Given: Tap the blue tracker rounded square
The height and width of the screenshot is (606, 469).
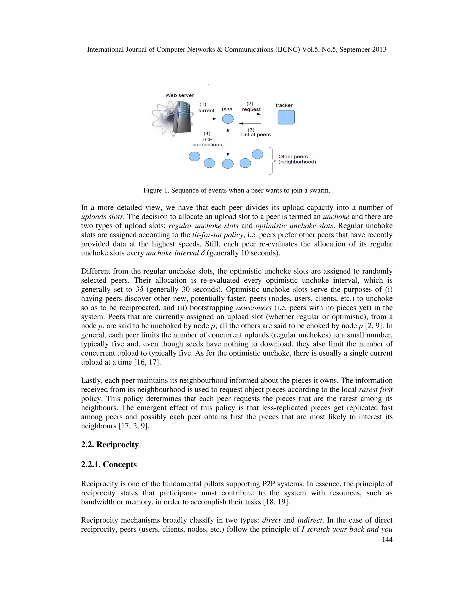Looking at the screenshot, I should [286, 117].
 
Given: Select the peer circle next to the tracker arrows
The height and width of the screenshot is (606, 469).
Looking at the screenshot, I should [228, 119].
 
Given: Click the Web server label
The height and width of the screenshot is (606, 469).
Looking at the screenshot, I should [180, 95].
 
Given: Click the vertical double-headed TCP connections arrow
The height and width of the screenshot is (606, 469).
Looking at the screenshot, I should [228, 142].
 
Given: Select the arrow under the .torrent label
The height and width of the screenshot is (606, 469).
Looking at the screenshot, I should [208, 119].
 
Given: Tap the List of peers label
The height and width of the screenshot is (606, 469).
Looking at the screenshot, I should [255, 134].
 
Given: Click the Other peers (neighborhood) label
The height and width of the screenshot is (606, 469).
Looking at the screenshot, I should [297, 159].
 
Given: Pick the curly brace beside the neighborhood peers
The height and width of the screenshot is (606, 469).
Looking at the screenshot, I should [271, 161].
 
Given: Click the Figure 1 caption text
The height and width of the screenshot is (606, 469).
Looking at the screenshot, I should [236, 190].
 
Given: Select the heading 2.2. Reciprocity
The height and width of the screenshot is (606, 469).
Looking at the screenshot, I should [110, 445].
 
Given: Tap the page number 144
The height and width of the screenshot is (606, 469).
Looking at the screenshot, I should [387, 539].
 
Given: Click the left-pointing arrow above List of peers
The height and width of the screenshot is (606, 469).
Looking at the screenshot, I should [250, 123].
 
